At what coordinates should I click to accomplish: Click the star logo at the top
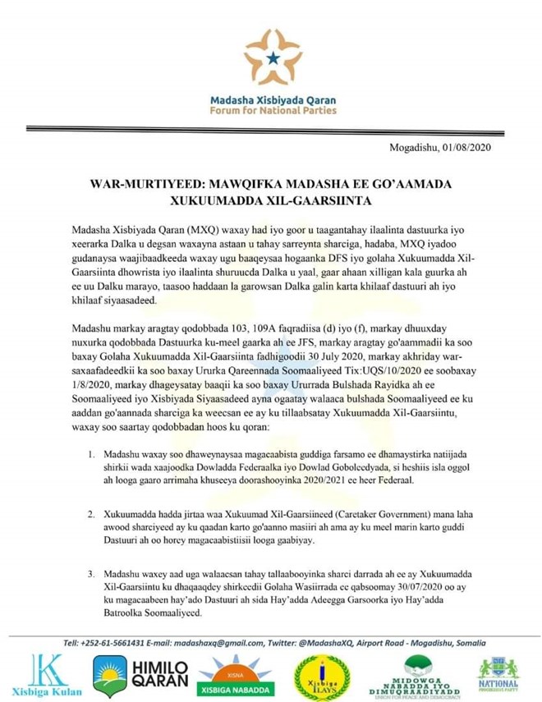272,58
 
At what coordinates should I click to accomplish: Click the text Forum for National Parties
272,110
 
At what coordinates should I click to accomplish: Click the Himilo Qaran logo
132,674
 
